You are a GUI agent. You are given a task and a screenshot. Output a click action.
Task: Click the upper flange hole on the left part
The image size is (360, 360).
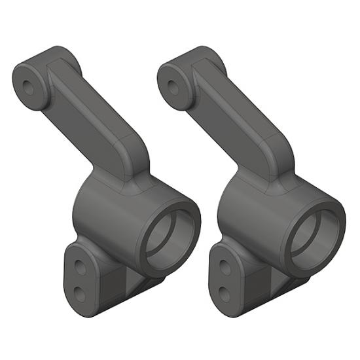point(79,266)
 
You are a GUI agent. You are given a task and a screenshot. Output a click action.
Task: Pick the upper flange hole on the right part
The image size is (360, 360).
point(225,266)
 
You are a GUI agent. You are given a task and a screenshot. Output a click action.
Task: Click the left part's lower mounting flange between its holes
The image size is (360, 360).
point(79,278)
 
